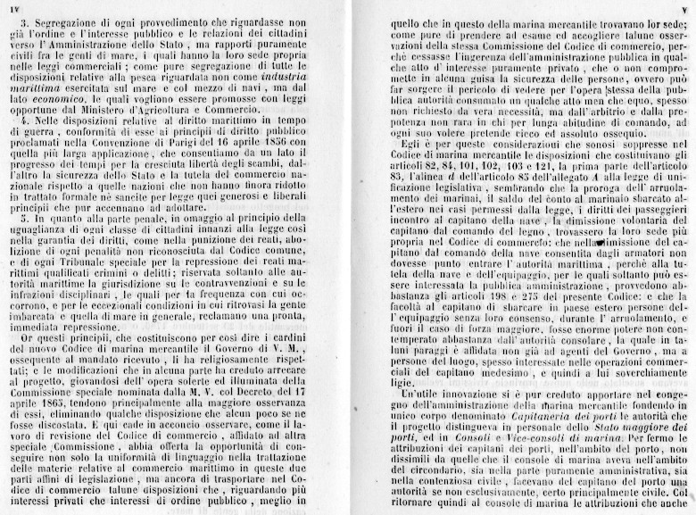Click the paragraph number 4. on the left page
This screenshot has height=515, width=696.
click(29, 117)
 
